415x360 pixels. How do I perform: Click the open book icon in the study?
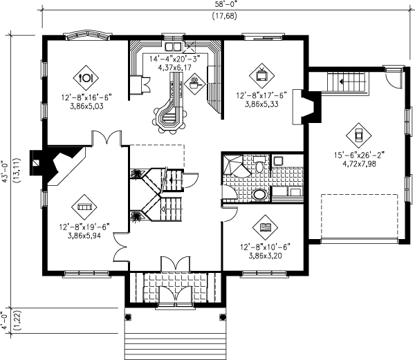266,225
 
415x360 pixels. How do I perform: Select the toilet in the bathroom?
259,165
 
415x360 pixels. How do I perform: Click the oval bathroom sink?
259,194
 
